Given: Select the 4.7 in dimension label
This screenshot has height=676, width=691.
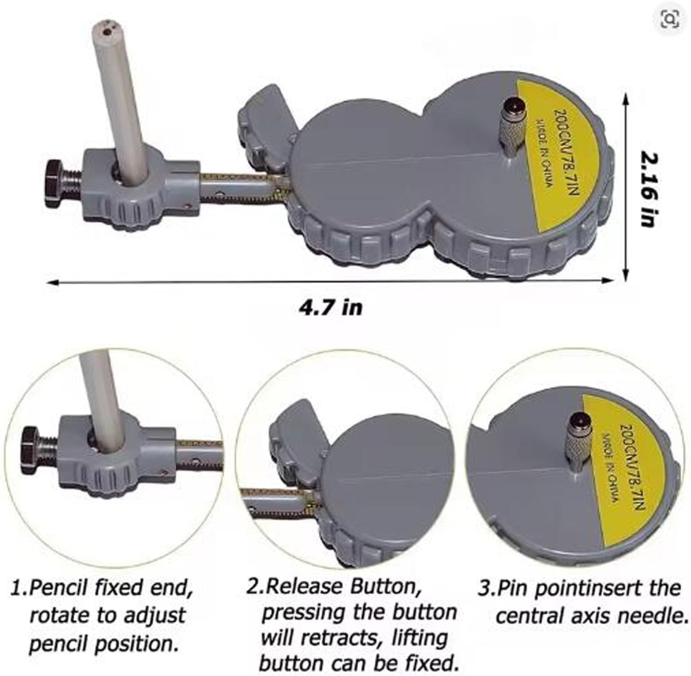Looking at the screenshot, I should pos(329,307).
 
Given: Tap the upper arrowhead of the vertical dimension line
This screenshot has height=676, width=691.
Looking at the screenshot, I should pos(625,98).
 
